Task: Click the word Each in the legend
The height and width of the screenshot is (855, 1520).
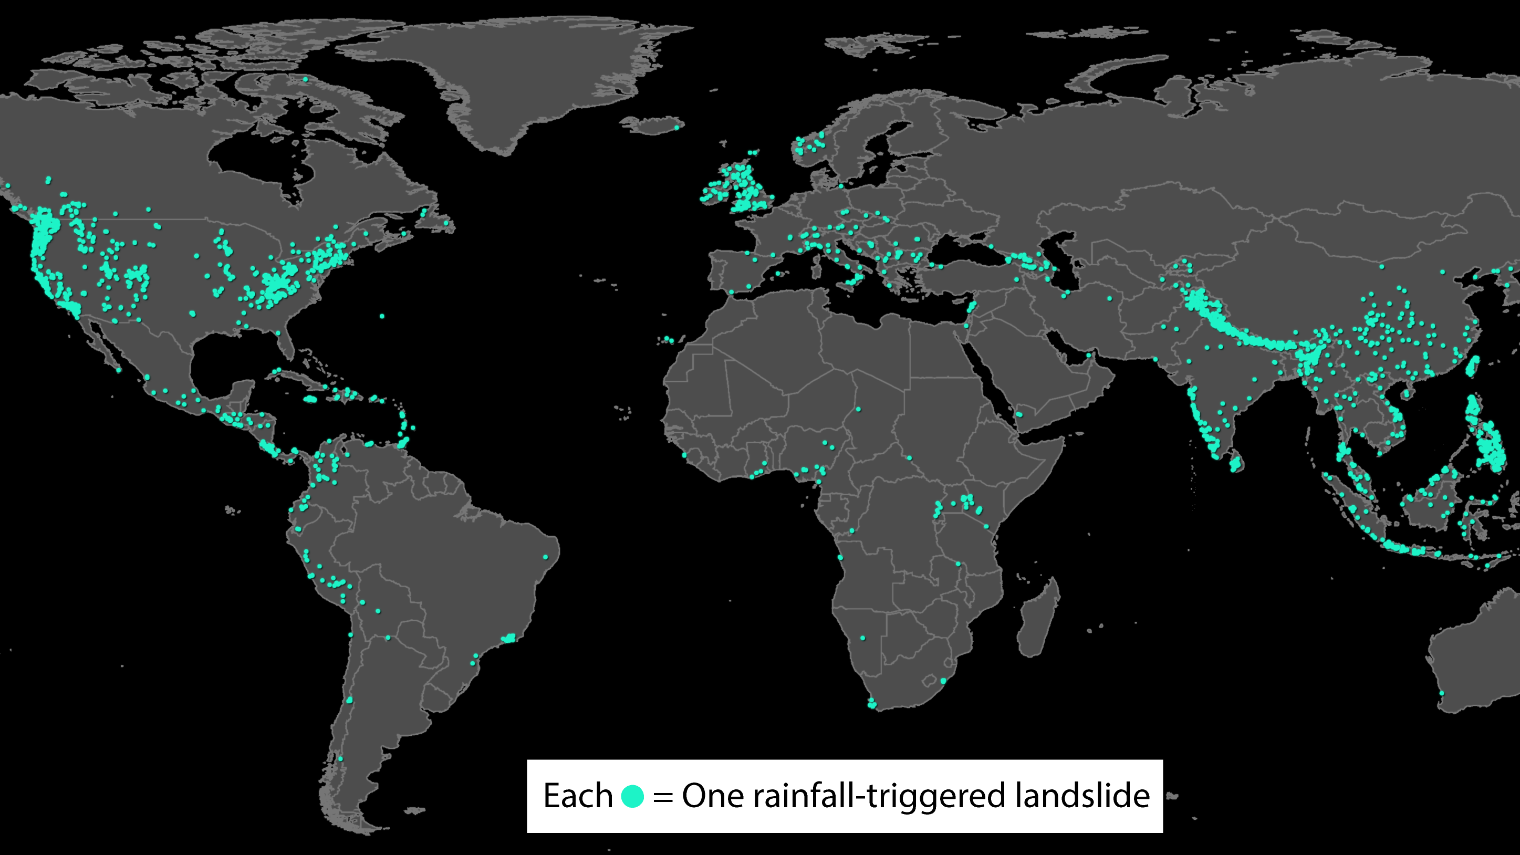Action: click(577, 796)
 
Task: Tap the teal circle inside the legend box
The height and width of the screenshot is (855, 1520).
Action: click(632, 796)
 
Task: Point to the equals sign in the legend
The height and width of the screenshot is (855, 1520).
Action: click(663, 797)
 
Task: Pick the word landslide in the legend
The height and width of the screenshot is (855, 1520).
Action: click(1081, 796)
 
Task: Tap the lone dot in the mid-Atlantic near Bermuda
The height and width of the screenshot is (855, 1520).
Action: click(382, 316)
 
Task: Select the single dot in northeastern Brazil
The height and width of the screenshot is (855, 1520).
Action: click(546, 556)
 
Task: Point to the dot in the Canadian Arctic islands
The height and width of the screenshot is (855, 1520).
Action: click(305, 79)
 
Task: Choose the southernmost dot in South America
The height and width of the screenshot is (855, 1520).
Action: click(340, 758)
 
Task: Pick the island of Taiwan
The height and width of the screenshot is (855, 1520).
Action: click(1472, 366)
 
